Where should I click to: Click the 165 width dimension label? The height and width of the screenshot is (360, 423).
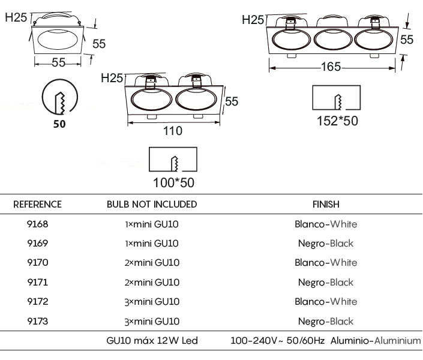(331, 67)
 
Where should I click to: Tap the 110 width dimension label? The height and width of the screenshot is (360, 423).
(173, 131)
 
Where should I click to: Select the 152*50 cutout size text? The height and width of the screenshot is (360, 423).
(337, 121)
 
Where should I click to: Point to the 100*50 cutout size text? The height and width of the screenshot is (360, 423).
(173, 182)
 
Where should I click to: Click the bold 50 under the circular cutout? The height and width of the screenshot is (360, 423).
(59, 124)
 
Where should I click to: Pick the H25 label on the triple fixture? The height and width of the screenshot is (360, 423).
(253, 20)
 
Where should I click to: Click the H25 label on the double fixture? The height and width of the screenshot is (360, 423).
(112, 78)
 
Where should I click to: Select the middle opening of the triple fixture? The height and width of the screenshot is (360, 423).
(333, 40)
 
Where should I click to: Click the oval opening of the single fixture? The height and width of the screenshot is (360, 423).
(58, 40)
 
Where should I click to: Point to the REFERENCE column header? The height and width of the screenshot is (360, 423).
(37, 204)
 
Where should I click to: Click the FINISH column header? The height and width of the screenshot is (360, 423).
(326, 204)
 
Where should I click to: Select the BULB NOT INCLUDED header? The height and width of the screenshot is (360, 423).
(152, 204)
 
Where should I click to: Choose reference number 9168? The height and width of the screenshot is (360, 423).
(37, 224)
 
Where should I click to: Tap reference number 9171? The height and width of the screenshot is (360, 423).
(37, 282)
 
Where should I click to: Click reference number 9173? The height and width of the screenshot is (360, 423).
(37, 321)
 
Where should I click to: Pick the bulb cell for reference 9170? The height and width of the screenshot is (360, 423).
(152, 263)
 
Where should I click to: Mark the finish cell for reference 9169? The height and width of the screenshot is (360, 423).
(326, 244)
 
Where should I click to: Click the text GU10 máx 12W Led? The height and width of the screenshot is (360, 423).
(152, 341)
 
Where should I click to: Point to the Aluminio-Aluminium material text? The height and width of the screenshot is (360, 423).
(376, 341)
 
